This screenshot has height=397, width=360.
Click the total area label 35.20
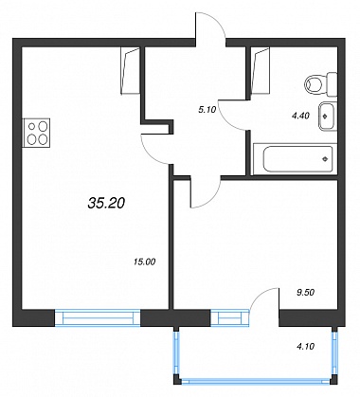point(106,204)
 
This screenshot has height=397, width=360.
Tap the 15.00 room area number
point(145,262)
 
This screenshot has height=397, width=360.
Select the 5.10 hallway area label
point(207,110)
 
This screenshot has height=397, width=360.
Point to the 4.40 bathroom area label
point(300,116)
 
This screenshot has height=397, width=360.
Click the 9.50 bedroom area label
point(306,293)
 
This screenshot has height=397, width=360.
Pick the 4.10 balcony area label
point(306,347)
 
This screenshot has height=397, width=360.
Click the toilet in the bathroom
point(321,84)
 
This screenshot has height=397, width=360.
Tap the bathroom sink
point(328,117)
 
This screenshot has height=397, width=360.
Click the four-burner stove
point(36,133)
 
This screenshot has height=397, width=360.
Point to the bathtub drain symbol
point(325,159)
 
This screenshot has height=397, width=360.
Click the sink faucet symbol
point(325,116)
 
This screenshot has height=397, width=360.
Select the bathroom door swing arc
point(229,118)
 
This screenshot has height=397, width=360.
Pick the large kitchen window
point(98,317)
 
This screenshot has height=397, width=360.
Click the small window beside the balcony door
point(230,317)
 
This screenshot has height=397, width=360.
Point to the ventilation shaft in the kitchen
point(131,70)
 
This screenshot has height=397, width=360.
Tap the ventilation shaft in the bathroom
point(261,70)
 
